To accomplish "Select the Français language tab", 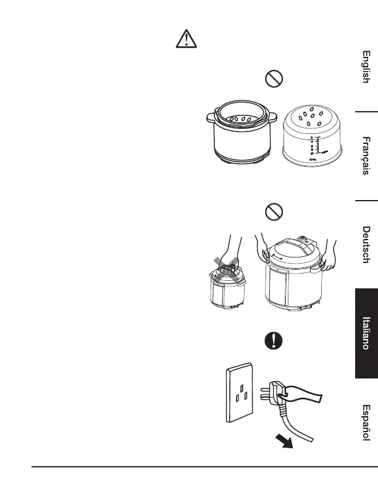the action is coord(366,156).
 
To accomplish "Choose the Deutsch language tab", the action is coord(366,245).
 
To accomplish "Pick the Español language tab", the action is coord(366,423).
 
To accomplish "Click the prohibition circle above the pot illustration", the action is coord(274,78).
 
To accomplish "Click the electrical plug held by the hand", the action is coord(275,392).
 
